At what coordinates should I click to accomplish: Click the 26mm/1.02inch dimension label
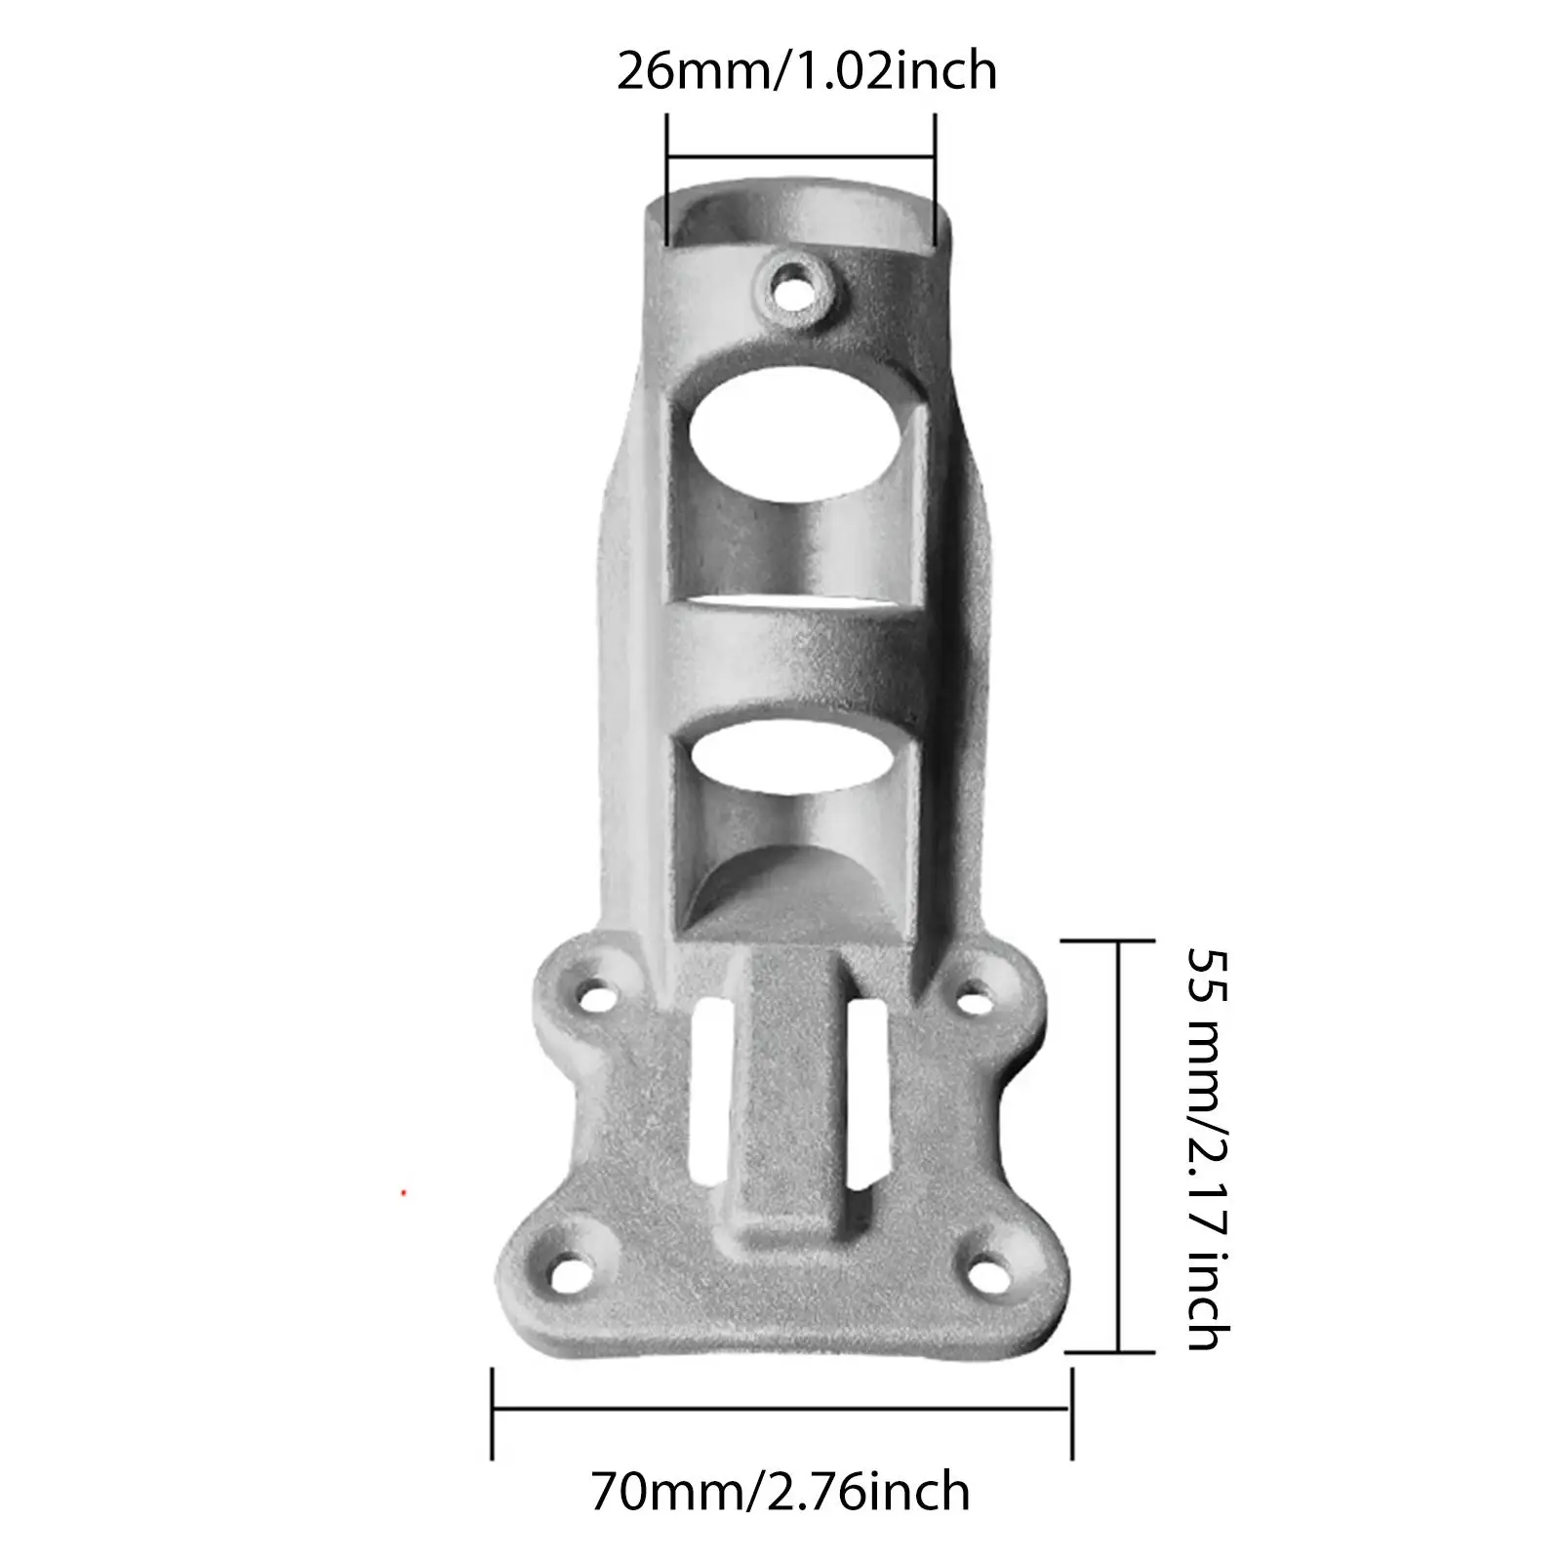click(807, 71)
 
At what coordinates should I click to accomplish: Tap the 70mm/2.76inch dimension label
click(780, 1492)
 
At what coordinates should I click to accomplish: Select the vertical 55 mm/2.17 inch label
click(1208, 1148)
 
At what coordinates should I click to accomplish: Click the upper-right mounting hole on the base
click(971, 1000)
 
